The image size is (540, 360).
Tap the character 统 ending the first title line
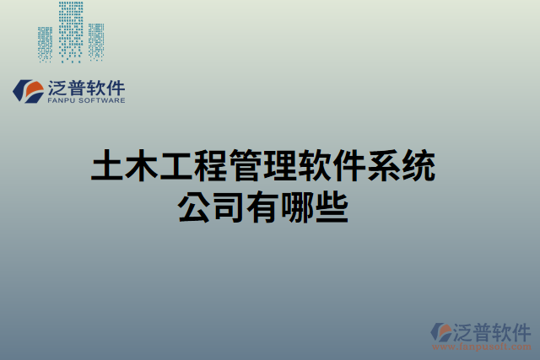418,166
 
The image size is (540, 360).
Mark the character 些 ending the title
332,207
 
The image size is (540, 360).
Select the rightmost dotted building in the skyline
97,42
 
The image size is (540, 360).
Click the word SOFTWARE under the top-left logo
103,100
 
